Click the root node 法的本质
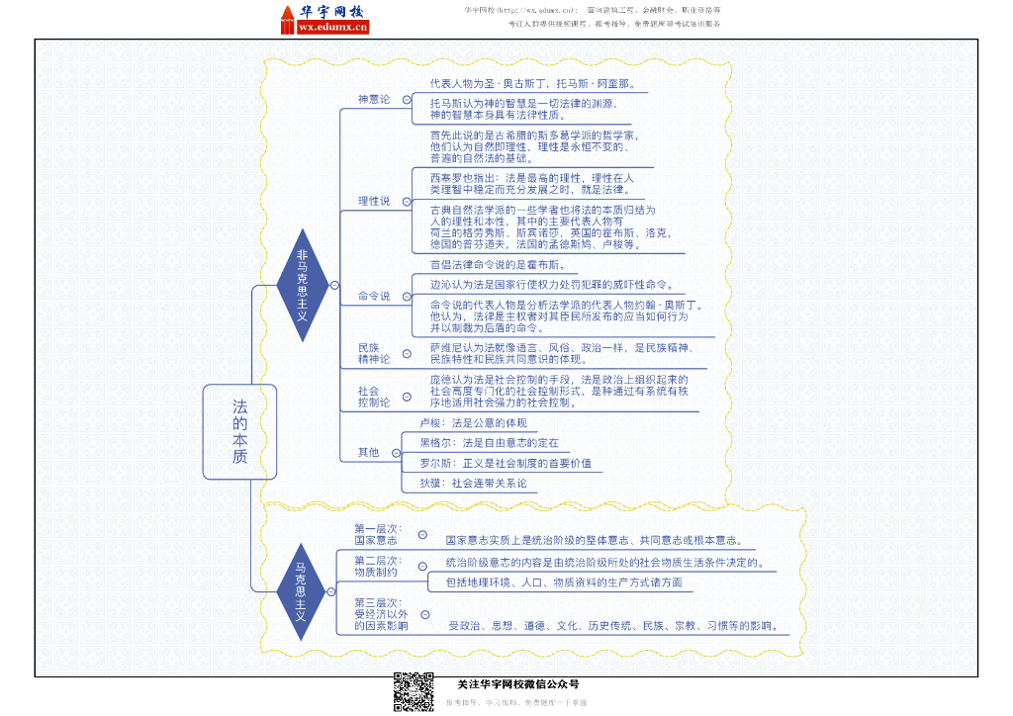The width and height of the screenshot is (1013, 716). [x=239, y=432]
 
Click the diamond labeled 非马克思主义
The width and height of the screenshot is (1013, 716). [x=302, y=285]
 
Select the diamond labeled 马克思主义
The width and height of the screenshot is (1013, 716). [x=302, y=591]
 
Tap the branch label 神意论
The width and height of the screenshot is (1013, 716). [x=374, y=99]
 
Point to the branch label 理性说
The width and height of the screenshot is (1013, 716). [x=374, y=201]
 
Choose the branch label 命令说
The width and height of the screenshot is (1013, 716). [x=374, y=296]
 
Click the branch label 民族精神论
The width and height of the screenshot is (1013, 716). [x=374, y=353]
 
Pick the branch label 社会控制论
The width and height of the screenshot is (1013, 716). [x=374, y=397]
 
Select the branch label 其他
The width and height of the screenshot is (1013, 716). [x=368, y=452]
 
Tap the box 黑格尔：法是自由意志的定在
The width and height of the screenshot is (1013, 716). [x=489, y=443]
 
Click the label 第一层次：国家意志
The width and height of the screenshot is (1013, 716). [x=377, y=535]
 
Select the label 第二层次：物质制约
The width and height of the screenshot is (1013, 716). [x=377, y=566]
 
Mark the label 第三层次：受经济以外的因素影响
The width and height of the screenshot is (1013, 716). [x=381, y=614]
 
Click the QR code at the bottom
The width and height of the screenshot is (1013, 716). [x=414, y=692]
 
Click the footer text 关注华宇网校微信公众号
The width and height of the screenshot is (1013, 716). [x=517, y=684]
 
